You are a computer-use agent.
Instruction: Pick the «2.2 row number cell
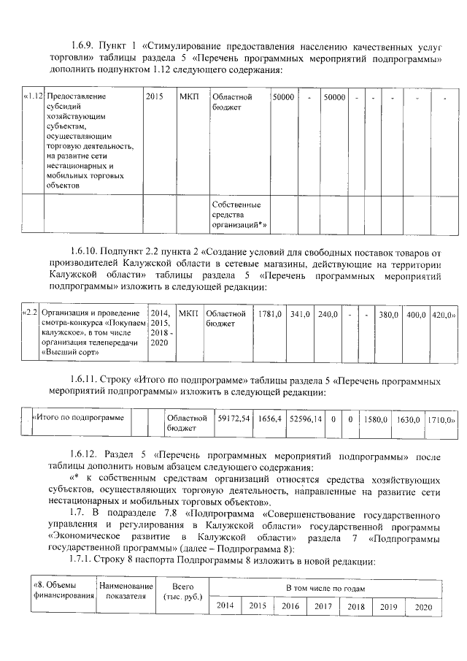click(x=30, y=313)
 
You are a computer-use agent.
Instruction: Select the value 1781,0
click(x=270, y=314)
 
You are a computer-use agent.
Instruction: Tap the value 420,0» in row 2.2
click(x=442, y=314)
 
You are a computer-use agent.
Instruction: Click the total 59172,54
click(x=234, y=419)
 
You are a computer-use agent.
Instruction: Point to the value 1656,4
click(x=270, y=419)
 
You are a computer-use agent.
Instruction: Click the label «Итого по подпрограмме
click(x=77, y=418)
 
